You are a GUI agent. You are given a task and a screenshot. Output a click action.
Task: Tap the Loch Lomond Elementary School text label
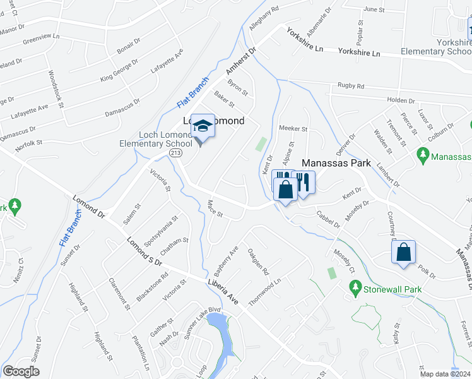[x=165, y=140]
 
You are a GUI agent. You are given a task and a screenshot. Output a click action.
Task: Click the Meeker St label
[x=293, y=129]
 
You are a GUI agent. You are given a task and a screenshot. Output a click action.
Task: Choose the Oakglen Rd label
[x=259, y=262]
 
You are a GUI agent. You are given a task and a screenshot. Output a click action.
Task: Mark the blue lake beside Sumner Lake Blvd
[x=218, y=328]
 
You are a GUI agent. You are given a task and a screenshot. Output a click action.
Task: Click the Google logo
[x=21, y=371]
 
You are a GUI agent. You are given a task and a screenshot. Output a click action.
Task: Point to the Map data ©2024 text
[x=445, y=374]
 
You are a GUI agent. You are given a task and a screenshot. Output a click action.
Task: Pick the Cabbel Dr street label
[x=328, y=219]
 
